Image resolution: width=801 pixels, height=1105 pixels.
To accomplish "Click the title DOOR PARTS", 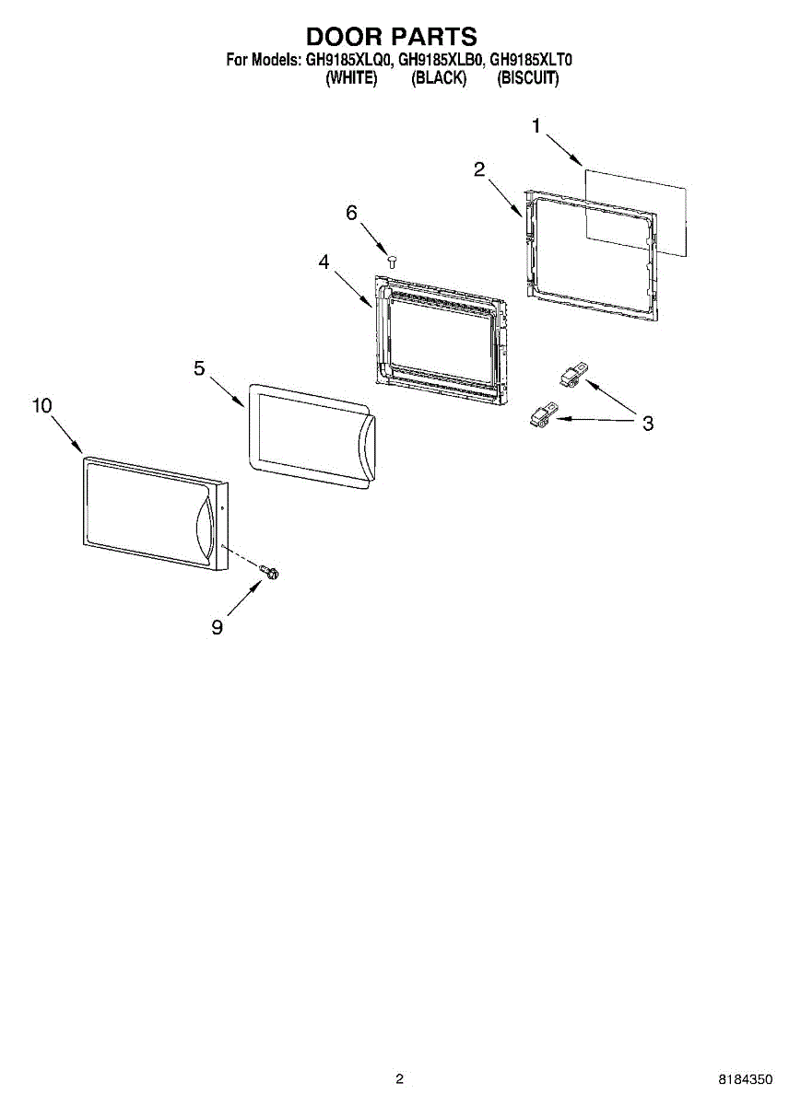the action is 392,37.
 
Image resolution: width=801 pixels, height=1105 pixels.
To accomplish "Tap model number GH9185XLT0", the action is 531,61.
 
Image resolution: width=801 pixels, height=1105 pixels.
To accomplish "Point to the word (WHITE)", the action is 351,78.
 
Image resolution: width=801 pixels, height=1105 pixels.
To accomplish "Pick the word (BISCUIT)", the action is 528,78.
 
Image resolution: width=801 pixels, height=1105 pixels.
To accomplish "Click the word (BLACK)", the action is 439,78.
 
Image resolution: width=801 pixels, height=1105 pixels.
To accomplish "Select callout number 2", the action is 479,169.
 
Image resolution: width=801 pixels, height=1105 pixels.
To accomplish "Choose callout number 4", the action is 324,262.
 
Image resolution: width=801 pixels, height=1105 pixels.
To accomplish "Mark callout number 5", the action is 199,367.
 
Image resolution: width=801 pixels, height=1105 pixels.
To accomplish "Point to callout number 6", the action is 351,213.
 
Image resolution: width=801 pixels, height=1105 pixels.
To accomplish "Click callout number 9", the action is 218,627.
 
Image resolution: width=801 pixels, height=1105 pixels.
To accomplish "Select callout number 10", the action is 42,406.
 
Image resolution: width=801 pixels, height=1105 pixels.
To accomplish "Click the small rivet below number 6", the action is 391,262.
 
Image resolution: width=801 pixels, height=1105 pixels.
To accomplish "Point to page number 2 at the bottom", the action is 400,1078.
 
